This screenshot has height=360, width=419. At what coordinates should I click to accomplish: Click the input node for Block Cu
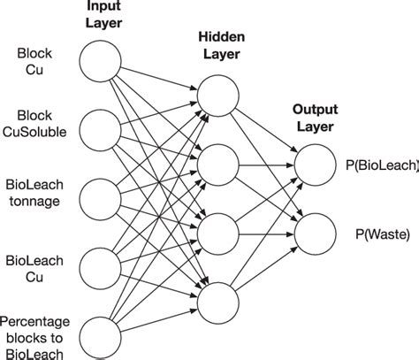100,61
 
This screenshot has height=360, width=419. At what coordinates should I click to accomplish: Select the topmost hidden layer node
217,95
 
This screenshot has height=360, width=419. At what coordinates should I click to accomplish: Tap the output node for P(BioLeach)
315,164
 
